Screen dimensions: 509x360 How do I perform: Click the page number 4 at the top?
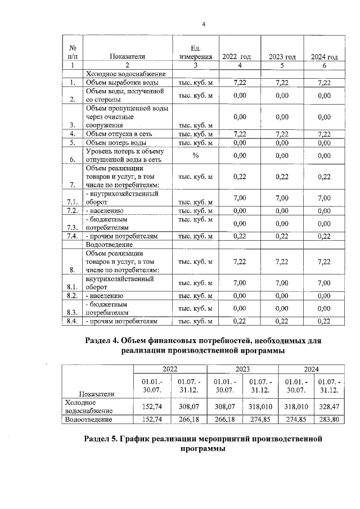(204, 24)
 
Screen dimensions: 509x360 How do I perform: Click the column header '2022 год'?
(236, 57)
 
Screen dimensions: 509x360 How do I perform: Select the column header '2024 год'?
(324, 57)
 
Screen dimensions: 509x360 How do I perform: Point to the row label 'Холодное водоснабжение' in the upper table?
(124, 74)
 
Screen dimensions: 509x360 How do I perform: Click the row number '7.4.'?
(72, 236)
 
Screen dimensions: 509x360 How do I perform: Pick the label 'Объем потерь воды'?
(116, 143)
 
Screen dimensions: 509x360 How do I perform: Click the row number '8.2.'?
(72, 295)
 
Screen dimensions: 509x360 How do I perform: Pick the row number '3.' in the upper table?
(72, 125)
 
